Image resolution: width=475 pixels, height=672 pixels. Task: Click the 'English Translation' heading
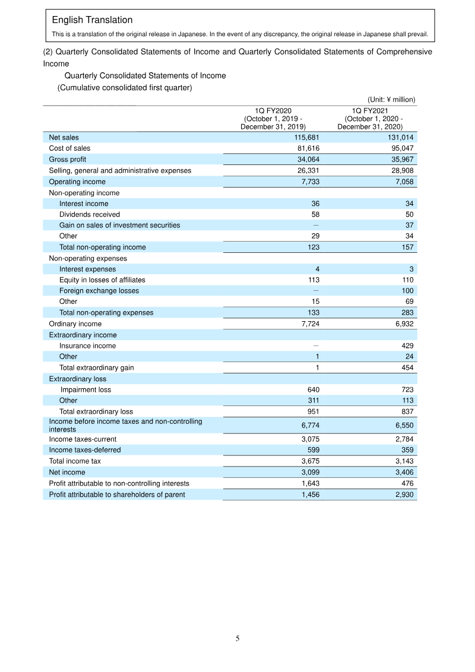click(92, 21)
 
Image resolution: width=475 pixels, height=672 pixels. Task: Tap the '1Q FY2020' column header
click(273, 111)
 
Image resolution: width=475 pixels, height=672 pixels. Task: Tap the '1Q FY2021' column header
click(370, 111)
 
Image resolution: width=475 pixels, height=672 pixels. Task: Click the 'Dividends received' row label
click(89, 214)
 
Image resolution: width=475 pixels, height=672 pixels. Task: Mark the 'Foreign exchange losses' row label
click(99, 291)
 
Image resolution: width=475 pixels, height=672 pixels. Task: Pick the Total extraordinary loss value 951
click(312, 411)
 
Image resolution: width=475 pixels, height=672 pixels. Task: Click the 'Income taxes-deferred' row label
click(84, 450)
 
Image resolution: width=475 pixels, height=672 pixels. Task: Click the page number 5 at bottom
click(237, 639)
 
